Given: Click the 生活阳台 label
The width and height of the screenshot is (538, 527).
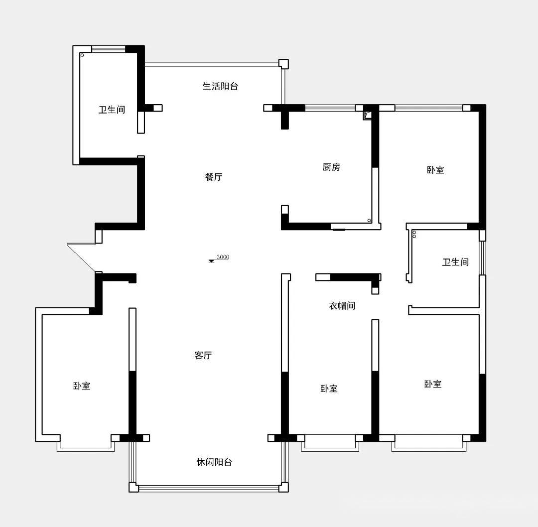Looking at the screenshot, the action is pyautogui.click(x=220, y=86).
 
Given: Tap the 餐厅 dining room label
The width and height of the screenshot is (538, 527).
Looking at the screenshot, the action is pyautogui.click(x=213, y=177).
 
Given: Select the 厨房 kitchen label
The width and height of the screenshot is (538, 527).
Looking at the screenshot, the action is pyautogui.click(x=331, y=167).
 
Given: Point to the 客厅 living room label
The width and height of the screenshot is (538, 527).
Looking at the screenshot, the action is pyautogui.click(x=203, y=355).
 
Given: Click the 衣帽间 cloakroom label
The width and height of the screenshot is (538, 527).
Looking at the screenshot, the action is pyautogui.click(x=342, y=306).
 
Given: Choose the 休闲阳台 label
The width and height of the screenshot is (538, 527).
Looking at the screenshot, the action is pyautogui.click(x=214, y=462).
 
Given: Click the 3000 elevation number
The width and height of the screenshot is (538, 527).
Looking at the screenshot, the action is pyautogui.click(x=223, y=257).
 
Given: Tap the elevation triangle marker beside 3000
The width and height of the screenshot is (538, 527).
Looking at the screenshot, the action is pyautogui.click(x=211, y=261).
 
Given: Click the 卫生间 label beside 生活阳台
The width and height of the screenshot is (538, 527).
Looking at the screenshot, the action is pyautogui.click(x=112, y=110).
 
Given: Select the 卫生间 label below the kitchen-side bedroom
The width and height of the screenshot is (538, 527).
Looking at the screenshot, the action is pyautogui.click(x=455, y=262).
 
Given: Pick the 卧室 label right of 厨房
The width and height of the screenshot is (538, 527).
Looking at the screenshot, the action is pyautogui.click(x=435, y=170).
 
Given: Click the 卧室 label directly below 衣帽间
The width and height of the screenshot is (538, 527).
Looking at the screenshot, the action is pyautogui.click(x=329, y=389).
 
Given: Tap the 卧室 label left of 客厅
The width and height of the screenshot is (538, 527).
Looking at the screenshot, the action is pyautogui.click(x=82, y=386).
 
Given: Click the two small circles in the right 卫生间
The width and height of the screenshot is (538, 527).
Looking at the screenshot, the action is pyautogui.click(x=414, y=234).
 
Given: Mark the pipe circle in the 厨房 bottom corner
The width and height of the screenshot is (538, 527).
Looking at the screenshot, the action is pyautogui.click(x=369, y=221).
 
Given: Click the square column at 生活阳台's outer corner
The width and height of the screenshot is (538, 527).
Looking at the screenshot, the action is pyautogui.click(x=283, y=64).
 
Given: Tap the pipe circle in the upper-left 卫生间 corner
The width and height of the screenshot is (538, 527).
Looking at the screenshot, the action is pyautogui.click(x=82, y=55).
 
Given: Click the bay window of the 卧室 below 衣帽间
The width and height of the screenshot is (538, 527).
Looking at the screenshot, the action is pyautogui.click(x=330, y=443).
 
